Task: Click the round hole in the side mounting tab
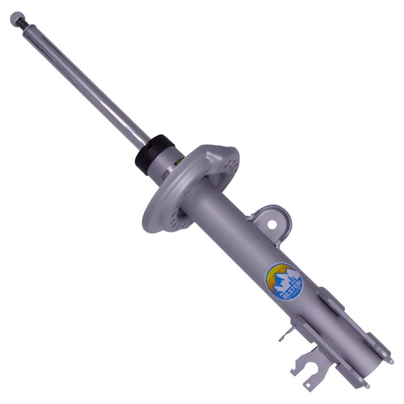(272, 224)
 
